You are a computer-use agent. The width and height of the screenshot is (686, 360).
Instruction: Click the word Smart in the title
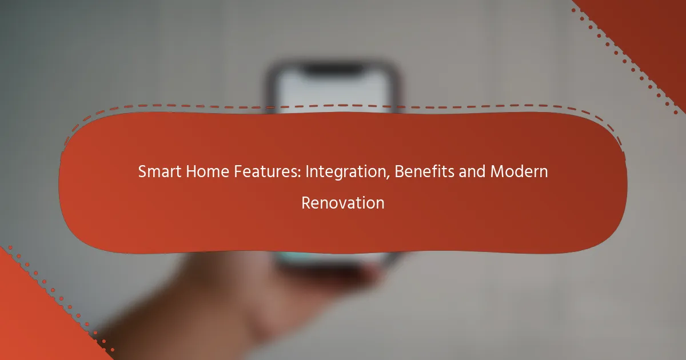click(x=159, y=171)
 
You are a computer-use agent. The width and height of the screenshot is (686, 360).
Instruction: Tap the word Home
click(x=208, y=171)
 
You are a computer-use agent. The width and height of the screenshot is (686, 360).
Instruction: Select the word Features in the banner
click(x=265, y=171)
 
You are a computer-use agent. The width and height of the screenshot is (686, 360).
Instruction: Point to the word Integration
click(x=346, y=172)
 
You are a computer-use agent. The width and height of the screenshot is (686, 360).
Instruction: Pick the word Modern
click(x=519, y=171)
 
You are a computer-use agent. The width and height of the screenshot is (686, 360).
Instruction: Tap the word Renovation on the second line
click(x=343, y=203)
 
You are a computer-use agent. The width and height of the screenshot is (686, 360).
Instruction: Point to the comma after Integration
click(x=388, y=178)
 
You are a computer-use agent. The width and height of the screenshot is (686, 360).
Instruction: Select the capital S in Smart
click(x=142, y=171)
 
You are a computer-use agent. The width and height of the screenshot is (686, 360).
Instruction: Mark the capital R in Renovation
click(x=306, y=203)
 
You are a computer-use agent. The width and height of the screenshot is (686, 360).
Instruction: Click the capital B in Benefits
click(x=399, y=171)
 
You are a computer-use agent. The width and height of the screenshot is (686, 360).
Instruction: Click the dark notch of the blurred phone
click(x=334, y=69)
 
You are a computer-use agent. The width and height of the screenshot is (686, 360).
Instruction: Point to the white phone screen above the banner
click(x=334, y=92)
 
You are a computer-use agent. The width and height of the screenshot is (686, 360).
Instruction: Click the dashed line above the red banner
click(x=342, y=106)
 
